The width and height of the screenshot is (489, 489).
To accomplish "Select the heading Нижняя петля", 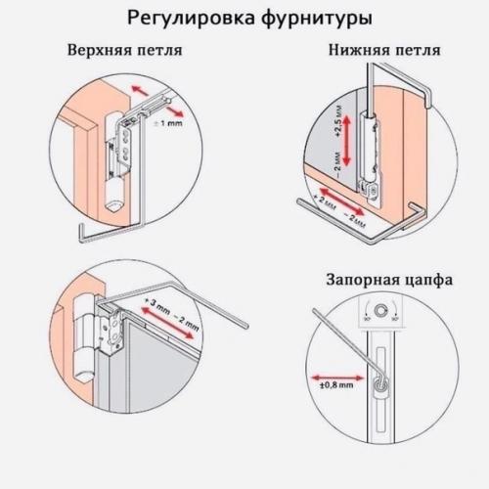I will coord(383,50).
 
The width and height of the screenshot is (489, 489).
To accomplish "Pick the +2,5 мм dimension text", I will coord(338,124).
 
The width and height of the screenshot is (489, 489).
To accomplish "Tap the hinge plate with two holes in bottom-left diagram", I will coord(113,328).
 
